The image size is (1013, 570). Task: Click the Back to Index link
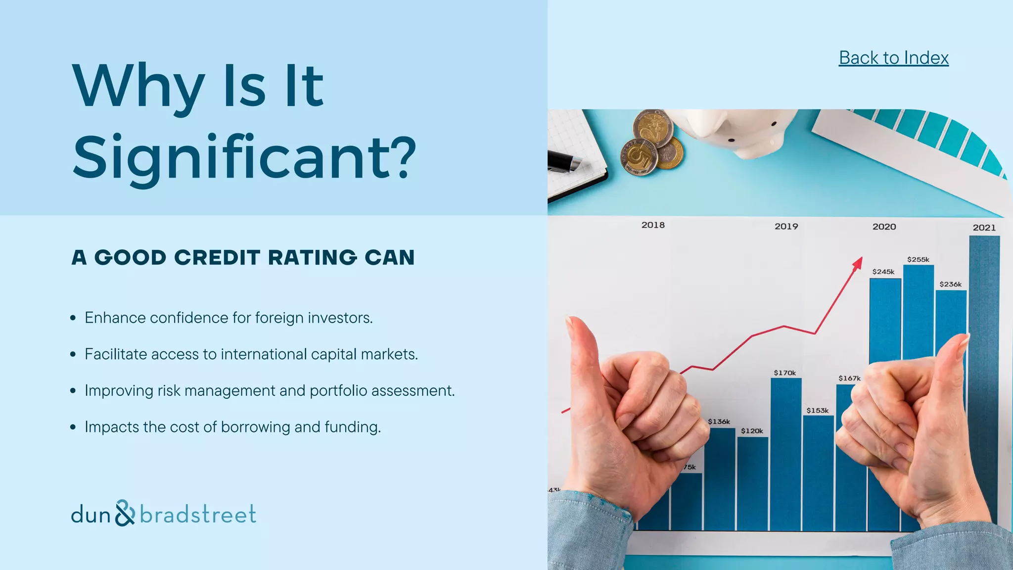click(893, 58)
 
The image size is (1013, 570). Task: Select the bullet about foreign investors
click(229, 318)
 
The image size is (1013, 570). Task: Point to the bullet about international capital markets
click(251, 354)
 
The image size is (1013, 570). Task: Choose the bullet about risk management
click(270, 391)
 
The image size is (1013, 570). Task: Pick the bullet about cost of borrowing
click(232, 427)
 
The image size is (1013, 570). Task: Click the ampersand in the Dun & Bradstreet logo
click(125, 513)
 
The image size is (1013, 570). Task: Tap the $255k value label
click(918, 260)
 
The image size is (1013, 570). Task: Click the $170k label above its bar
click(785, 373)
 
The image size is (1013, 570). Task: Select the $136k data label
click(719, 422)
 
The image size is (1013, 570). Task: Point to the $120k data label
click(752, 431)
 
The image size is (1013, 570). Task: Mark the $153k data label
click(818, 411)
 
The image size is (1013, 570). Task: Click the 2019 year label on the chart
click(786, 227)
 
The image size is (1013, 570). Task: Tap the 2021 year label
click(984, 228)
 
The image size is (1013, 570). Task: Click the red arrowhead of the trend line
click(858, 263)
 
